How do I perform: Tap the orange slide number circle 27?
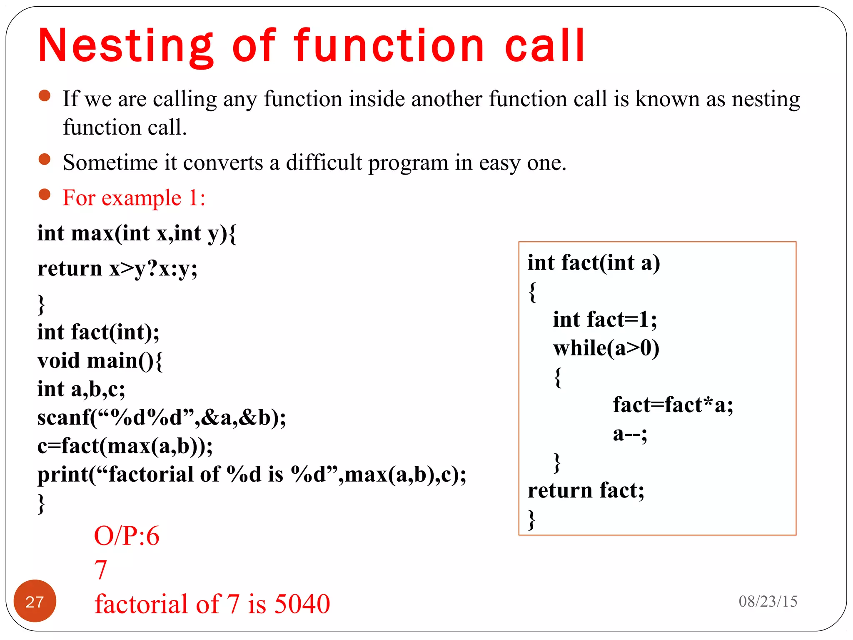point(35,601)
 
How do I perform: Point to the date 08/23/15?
point(768,601)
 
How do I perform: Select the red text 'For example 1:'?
point(134,197)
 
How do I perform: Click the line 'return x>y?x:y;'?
point(117,268)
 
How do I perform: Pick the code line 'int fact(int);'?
point(98,332)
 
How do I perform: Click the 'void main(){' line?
point(100,361)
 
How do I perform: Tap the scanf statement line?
point(162,417)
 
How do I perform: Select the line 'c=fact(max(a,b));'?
point(125,446)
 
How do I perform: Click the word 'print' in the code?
point(62,475)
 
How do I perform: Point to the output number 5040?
point(302,604)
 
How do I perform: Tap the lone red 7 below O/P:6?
point(101,570)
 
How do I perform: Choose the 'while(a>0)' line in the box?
point(606,348)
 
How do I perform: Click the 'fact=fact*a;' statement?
point(673,405)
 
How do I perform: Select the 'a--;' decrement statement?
point(630,434)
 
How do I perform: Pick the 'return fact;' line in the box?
point(586,490)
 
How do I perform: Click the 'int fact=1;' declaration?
point(605,320)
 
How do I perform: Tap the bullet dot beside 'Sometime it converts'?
point(44,159)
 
